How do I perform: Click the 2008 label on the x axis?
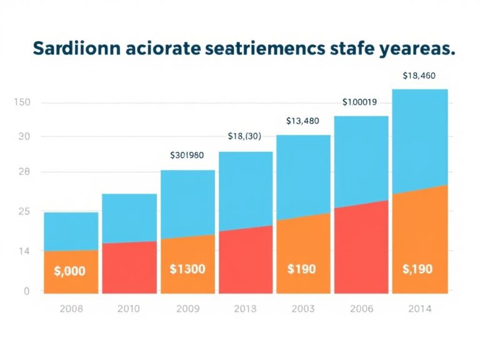click(71, 308)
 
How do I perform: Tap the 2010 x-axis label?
click(129, 308)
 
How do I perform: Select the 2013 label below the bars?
click(245, 308)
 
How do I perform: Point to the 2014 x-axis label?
click(419, 308)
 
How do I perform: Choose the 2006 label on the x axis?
click(361, 308)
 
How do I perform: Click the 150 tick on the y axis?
click(22, 102)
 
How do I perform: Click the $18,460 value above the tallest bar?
click(419, 76)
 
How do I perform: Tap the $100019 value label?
click(359, 102)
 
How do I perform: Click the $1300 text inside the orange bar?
click(187, 269)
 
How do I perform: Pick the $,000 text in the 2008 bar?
click(70, 271)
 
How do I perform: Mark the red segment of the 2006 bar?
click(361, 250)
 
